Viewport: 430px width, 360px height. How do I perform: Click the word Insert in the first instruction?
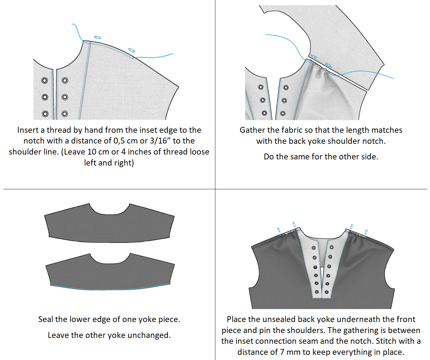28,130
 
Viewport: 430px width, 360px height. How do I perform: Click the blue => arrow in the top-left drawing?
97,37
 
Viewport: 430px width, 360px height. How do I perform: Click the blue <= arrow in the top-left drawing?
132,50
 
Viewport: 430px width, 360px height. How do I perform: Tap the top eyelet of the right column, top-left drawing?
65,80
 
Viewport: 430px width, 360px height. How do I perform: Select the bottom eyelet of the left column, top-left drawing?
45,114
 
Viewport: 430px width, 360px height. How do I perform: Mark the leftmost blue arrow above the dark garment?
279,230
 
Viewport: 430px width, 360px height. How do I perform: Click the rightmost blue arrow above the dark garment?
366,232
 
